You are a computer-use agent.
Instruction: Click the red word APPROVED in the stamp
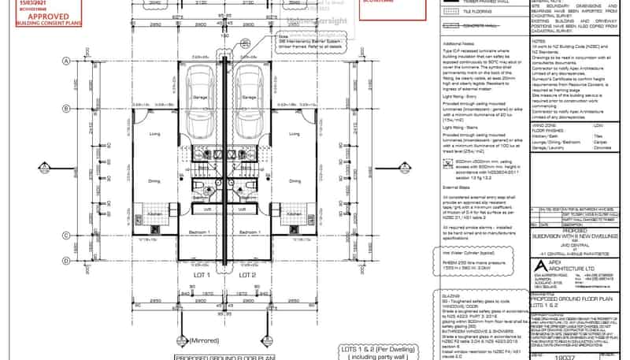click(37, 14)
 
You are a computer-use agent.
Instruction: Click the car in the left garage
click(196, 98)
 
